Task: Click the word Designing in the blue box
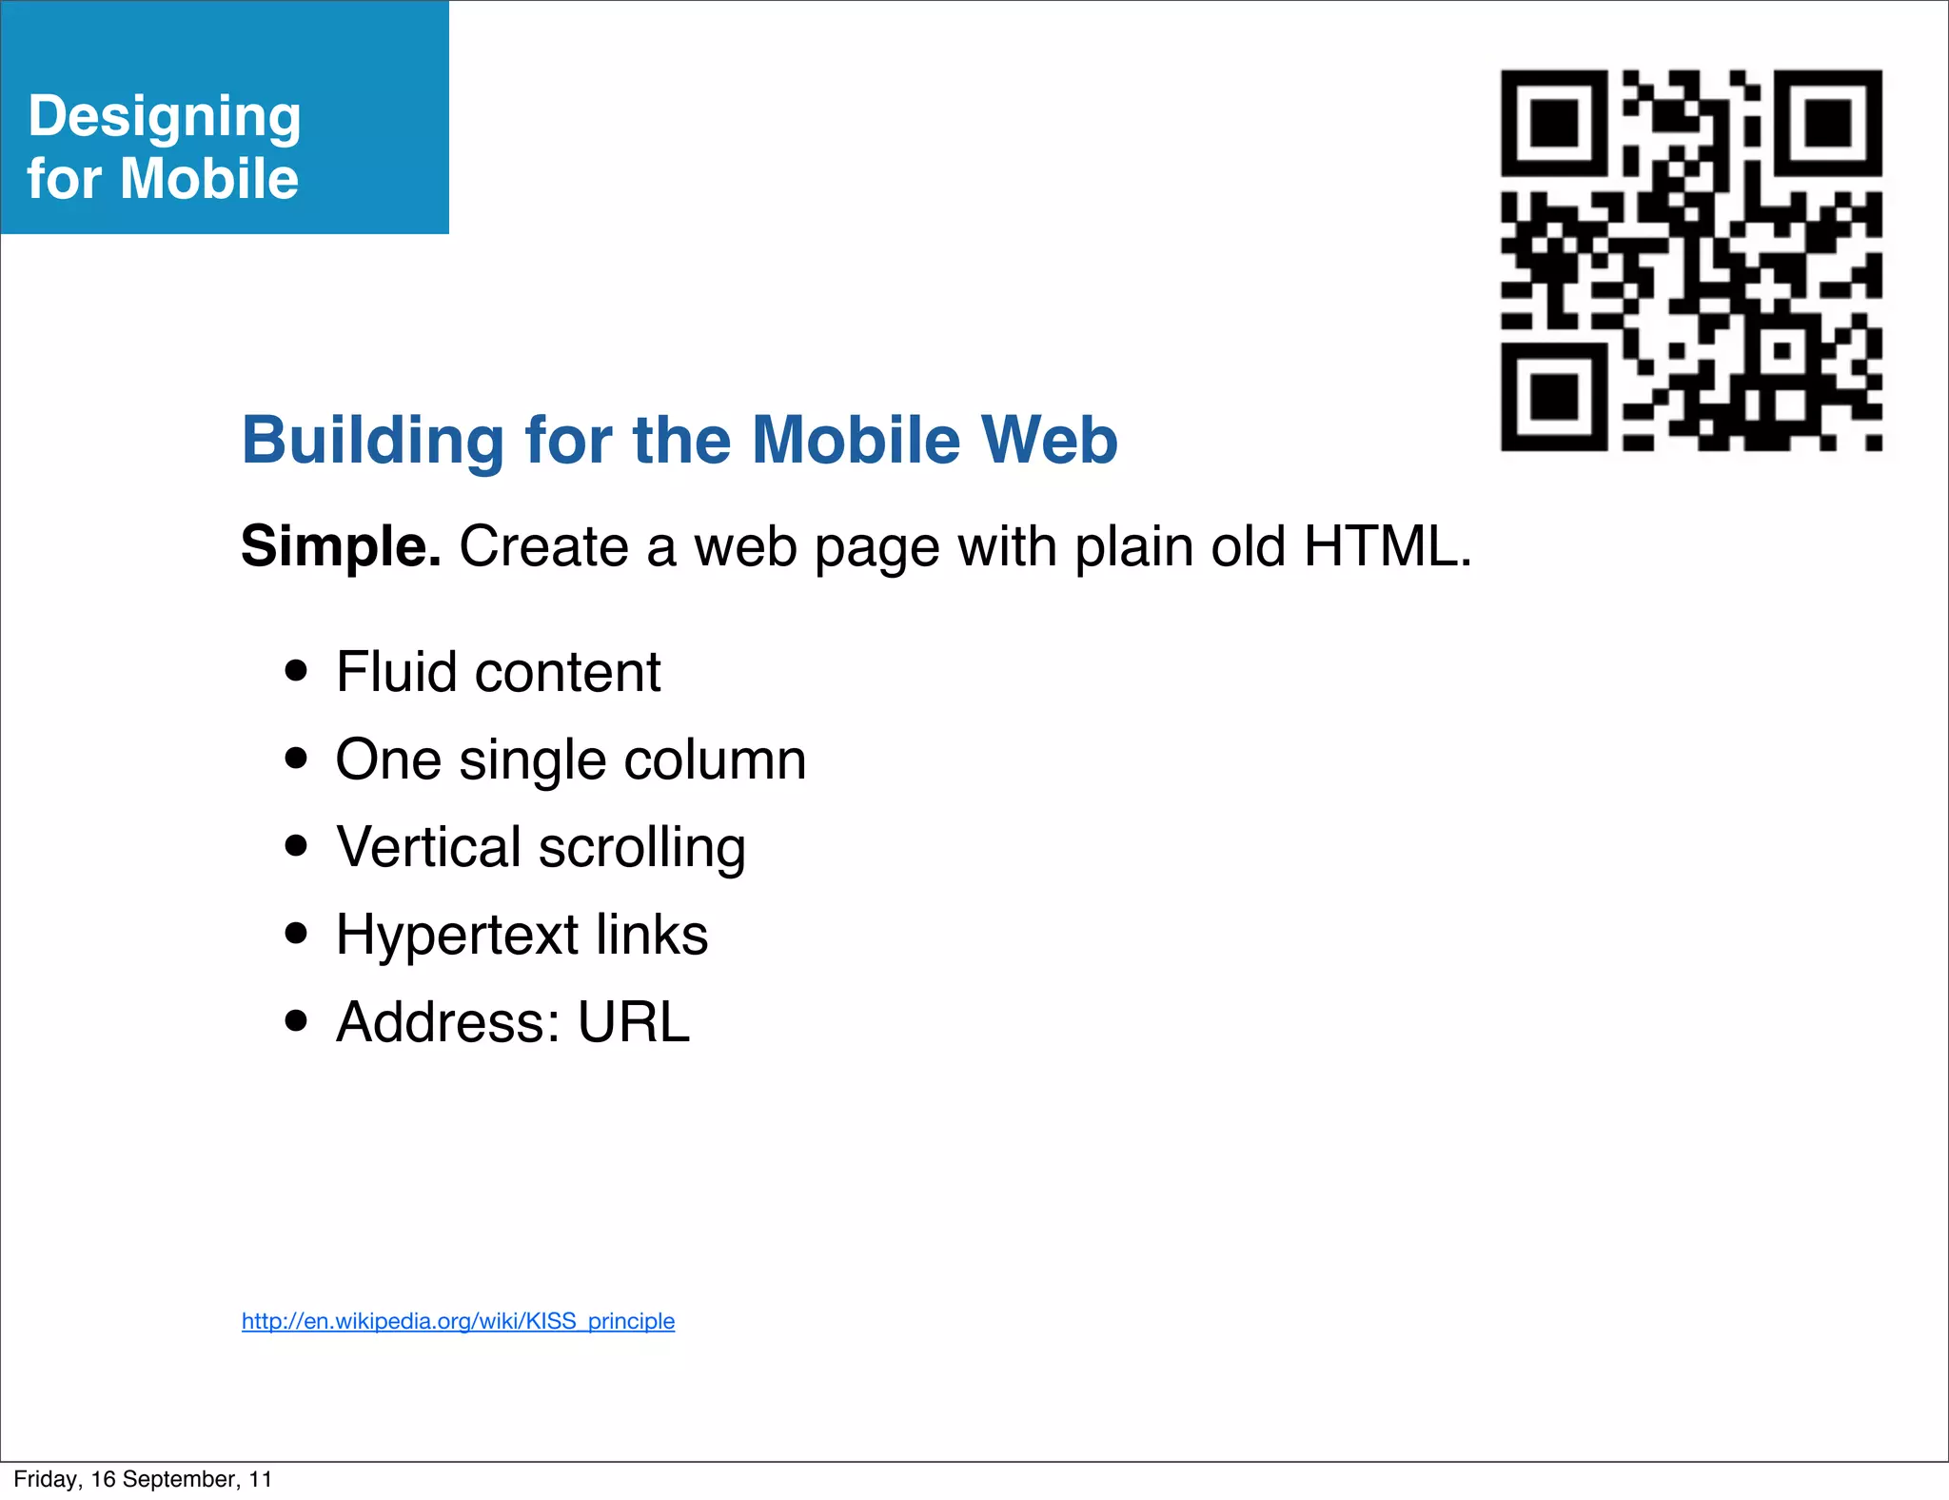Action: click(165, 117)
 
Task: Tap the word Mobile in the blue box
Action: click(209, 179)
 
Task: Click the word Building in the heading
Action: click(372, 441)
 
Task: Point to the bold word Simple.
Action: click(341, 547)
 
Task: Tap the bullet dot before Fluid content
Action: click(297, 670)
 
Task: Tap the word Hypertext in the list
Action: click(457, 936)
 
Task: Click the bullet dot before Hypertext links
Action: click(297, 933)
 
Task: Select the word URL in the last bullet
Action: click(633, 1022)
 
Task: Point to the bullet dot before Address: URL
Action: click(297, 1020)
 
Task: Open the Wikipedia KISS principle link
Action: click(458, 1321)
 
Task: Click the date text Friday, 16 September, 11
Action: click(143, 1479)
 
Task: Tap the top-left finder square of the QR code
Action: click(1554, 123)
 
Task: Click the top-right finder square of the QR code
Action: click(1828, 123)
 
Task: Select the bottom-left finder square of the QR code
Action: click(1554, 397)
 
